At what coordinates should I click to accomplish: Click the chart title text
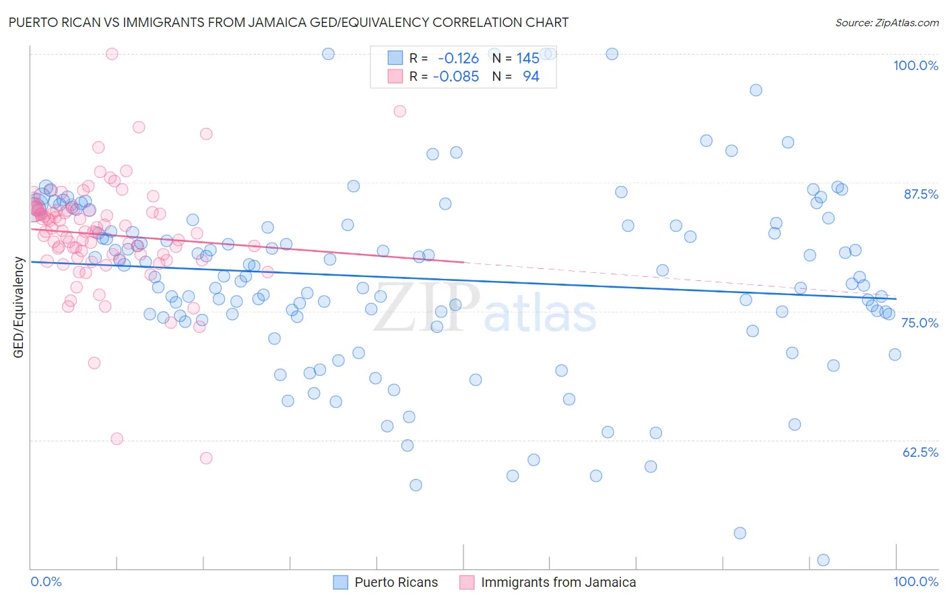click(x=288, y=22)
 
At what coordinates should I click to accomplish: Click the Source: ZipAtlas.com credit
click(x=886, y=22)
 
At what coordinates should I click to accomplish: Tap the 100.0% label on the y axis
click(x=915, y=65)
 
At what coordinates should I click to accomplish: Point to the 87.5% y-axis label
click(x=920, y=194)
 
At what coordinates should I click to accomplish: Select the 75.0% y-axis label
click(x=919, y=323)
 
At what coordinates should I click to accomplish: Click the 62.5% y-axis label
click(x=920, y=452)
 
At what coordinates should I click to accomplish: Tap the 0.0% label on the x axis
click(x=46, y=581)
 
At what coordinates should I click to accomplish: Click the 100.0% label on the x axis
click(x=915, y=581)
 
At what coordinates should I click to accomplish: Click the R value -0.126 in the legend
click(x=458, y=59)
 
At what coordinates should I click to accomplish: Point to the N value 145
click(x=528, y=59)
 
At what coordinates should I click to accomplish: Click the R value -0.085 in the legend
click(x=456, y=77)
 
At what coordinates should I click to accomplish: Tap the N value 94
click(x=531, y=77)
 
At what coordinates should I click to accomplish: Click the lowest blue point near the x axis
click(x=823, y=560)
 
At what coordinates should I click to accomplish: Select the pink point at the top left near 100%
click(x=112, y=54)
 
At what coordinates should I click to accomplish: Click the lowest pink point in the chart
click(x=206, y=458)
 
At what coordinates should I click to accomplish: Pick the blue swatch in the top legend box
click(x=395, y=59)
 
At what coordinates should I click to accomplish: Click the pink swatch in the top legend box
click(x=395, y=77)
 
